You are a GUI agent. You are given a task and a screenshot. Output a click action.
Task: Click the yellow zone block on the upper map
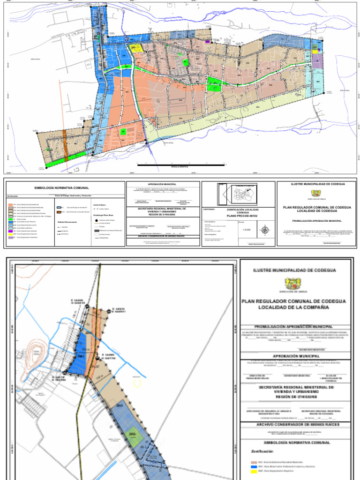pos(138,48)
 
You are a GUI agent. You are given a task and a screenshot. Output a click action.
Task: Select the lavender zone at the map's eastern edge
pos(317,60)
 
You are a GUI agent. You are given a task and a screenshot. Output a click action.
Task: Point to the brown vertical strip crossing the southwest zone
pos(66,146)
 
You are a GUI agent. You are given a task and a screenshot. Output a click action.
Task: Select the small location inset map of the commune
pos(238,194)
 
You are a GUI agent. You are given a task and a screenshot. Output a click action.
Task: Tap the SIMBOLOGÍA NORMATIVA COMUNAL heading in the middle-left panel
pos(61,188)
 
